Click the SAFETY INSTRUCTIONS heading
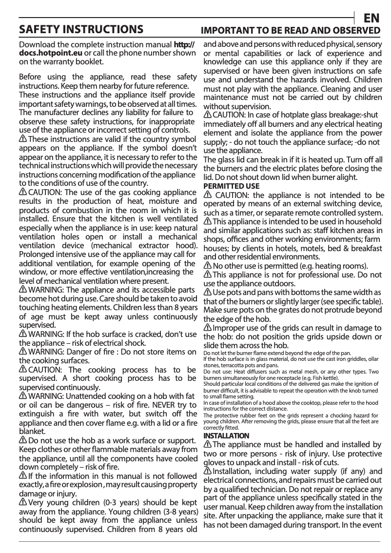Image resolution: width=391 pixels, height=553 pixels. pyautogui.click(x=81, y=30)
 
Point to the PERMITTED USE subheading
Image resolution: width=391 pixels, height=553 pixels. pyautogui.click(x=231, y=186)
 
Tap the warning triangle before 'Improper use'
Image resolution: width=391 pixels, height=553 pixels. pyautogui.click(x=208, y=327)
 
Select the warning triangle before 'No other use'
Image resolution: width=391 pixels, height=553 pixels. pyautogui.click(x=208, y=266)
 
